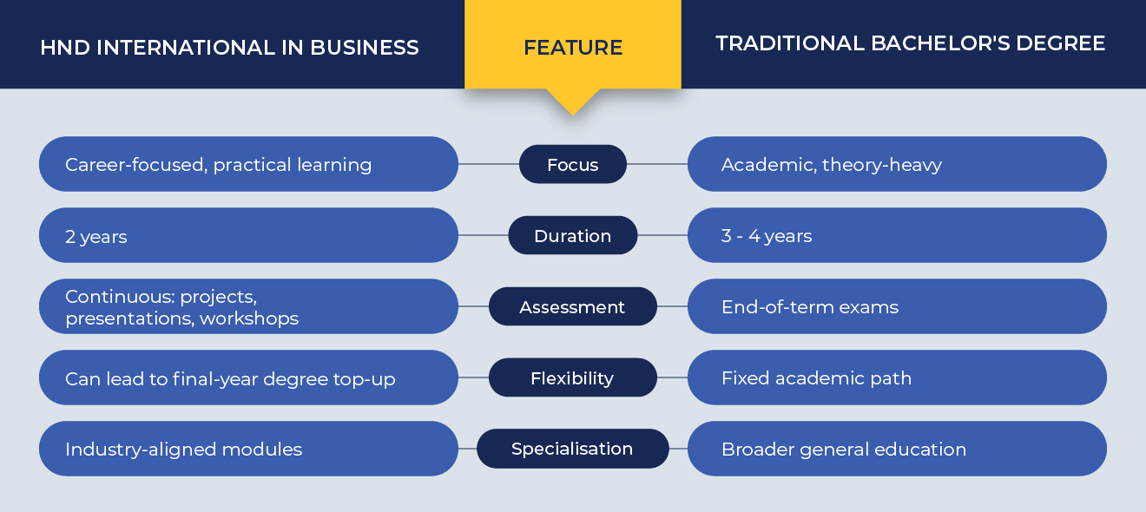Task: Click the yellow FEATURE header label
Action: coord(573,48)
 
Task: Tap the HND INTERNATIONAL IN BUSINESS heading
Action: coord(230,48)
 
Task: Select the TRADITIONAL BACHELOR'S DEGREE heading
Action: coord(910,43)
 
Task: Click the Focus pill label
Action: coord(573,164)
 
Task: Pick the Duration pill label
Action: coord(573,235)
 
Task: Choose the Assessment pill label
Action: coord(573,306)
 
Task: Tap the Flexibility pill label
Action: coord(573,377)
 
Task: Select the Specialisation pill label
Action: coord(573,449)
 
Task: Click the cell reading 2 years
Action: coord(248,235)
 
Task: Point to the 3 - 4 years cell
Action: coord(898,235)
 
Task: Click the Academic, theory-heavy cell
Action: coord(898,164)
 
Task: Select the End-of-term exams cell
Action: coord(898,306)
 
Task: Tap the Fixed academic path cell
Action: coord(898,377)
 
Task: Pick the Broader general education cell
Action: coord(898,449)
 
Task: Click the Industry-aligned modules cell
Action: coord(248,449)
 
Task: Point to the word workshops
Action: coord(249,318)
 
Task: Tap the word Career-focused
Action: coord(136,165)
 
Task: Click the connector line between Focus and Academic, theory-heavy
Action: coord(657,164)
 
